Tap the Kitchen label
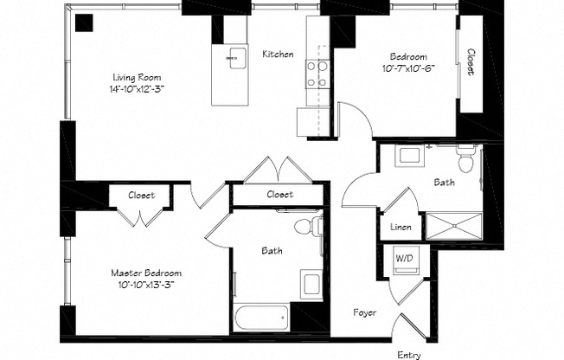click(x=278, y=55)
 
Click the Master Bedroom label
click(x=146, y=272)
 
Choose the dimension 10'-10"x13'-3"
click(x=146, y=285)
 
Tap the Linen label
click(x=401, y=228)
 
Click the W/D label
click(x=404, y=258)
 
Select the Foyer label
click(x=365, y=312)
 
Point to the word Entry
click(x=409, y=355)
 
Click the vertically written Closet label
click(x=471, y=64)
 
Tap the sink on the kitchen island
click(x=232, y=59)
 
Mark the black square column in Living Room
click(x=84, y=23)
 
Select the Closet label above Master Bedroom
click(x=141, y=196)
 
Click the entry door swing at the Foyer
click(x=407, y=329)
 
